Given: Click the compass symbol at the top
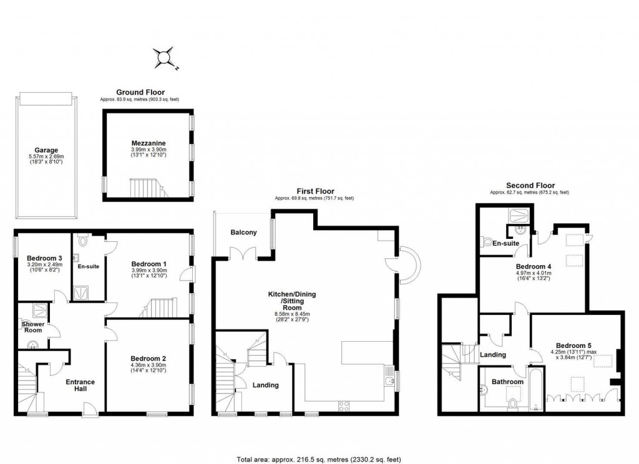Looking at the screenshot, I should [165, 57].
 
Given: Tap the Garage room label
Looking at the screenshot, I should [46, 150].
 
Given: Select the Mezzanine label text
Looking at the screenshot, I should [147, 142].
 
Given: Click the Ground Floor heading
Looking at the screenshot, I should [140, 92].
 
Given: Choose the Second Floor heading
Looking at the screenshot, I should [529, 185].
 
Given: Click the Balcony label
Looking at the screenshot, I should [243, 233].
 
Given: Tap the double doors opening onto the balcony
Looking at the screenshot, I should [242, 254].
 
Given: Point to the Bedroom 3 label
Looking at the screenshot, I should [44, 259].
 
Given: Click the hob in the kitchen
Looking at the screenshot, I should [344, 406].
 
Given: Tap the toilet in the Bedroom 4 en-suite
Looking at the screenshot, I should [489, 242].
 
